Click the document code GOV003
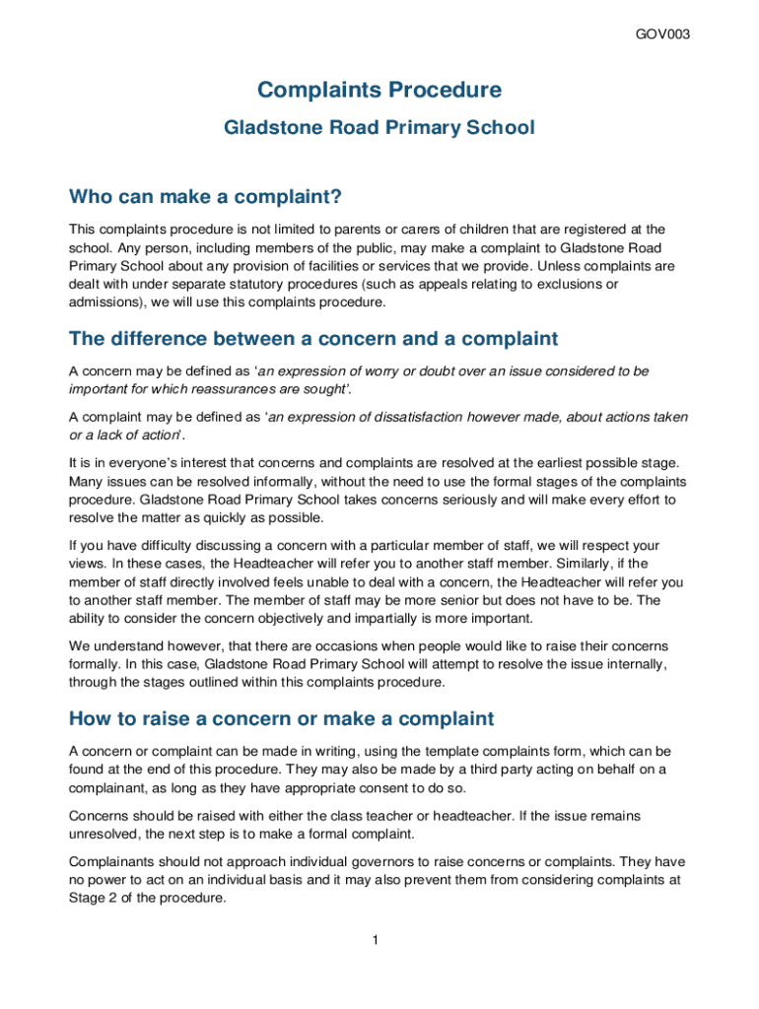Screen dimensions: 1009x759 662,34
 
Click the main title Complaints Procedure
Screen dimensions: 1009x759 379,91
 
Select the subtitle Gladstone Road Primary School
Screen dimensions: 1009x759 379,127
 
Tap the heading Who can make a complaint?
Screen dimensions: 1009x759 205,198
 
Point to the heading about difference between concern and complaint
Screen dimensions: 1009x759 313,339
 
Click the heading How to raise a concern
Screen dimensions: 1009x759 281,718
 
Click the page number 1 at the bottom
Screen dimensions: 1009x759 376,940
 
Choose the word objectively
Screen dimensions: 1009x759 350,618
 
